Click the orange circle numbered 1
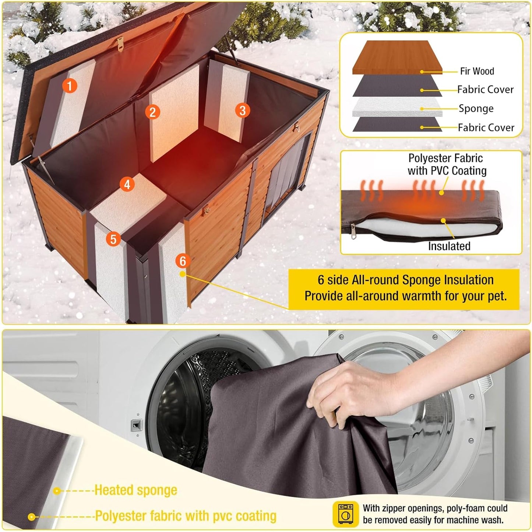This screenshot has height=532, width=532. tap(69, 86)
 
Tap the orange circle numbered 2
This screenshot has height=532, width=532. tap(152, 112)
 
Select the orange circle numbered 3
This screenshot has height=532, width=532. tap(242, 110)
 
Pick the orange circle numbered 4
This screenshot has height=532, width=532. tap(127, 184)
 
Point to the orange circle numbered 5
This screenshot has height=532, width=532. tap(113, 239)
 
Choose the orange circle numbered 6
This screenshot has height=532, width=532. tap(183, 261)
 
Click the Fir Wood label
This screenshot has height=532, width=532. tap(477, 71)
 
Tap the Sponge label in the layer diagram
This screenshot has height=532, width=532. tap(476, 108)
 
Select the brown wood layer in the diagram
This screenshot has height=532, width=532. tap(397, 57)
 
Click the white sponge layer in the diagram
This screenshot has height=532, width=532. tap(397, 107)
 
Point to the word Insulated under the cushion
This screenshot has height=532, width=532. tap(449, 246)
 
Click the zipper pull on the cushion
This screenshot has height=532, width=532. tap(353, 230)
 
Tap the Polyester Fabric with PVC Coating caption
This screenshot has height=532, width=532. tap(447, 164)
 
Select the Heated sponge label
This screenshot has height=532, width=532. tap(136, 490)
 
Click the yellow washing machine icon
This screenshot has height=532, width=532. tap(345, 514)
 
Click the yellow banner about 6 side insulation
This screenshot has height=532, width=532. tap(405, 288)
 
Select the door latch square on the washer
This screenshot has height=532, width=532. tap(137, 425)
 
